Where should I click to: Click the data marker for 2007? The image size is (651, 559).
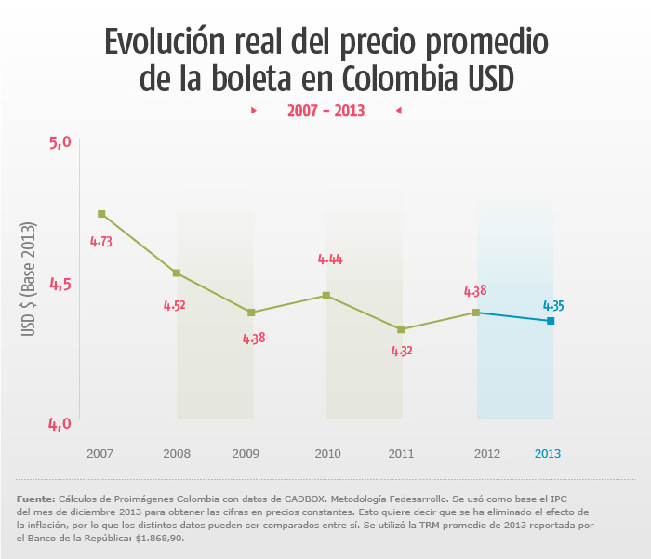pyautogui.click(x=101, y=214)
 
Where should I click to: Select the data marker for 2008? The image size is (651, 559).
pyautogui.click(x=177, y=273)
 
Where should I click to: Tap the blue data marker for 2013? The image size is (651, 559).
pyautogui.click(x=551, y=321)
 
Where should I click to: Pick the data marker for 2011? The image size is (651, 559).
pyautogui.click(x=401, y=329)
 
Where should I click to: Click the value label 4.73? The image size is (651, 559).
pyautogui.click(x=101, y=241)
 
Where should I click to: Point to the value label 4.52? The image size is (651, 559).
pyautogui.click(x=174, y=305)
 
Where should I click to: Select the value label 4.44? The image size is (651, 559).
pyautogui.click(x=330, y=260)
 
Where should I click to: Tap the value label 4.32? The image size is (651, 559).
pyautogui.click(x=402, y=352)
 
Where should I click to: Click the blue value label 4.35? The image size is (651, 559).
pyautogui.click(x=553, y=305)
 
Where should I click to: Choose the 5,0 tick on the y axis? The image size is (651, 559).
pyautogui.click(x=60, y=142)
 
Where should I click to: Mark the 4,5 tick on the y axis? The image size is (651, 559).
pyautogui.click(x=60, y=284)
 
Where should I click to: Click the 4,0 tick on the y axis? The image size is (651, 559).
pyautogui.click(x=60, y=424)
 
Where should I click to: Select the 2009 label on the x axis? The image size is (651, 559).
pyautogui.click(x=246, y=454)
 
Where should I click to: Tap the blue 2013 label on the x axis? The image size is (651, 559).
pyautogui.click(x=548, y=454)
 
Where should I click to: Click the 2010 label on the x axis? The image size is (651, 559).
pyautogui.click(x=327, y=454)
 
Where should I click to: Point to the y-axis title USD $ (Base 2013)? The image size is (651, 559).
pyautogui.click(x=29, y=279)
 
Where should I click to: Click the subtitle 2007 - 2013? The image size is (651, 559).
pyautogui.click(x=325, y=111)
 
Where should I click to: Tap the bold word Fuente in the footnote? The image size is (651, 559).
pyautogui.click(x=35, y=499)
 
